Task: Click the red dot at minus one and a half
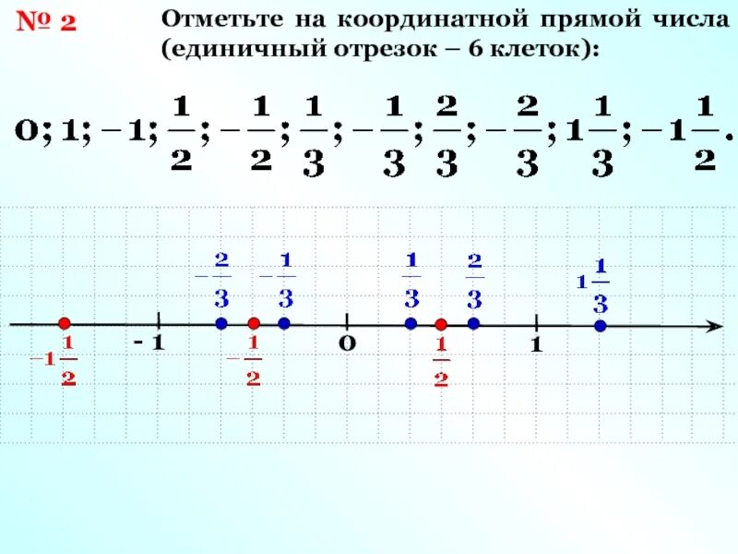click(x=64, y=323)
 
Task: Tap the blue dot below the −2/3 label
click(x=220, y=323)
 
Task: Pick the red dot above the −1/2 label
click(x=254, y=323)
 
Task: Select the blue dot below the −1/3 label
click(x=284, y=323)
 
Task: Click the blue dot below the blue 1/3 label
click(x=411, y=323)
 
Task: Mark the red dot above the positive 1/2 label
click(x=441, y=324)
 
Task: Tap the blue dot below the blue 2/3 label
click(x=473, y=323)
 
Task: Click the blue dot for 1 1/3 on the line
click(x=600, y=326)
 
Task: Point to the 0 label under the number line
click(x=346, y=344)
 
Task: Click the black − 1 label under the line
click(x=148, y=343)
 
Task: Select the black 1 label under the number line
click(x=534, y=345)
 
